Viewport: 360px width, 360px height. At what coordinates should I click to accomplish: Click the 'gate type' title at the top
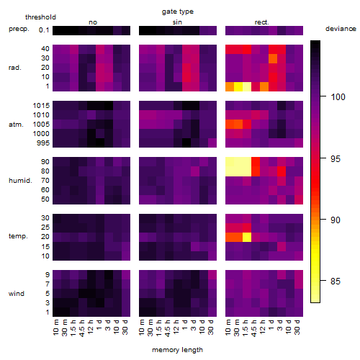(x=178, y=12)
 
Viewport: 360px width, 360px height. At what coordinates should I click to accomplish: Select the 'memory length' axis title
(x=177, y=350)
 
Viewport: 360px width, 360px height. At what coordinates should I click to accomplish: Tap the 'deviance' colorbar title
(x=341, y=29)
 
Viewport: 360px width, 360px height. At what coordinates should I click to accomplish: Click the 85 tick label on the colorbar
(x=336, y=281)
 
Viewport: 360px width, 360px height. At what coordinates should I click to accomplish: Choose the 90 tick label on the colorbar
(x=336, y=220)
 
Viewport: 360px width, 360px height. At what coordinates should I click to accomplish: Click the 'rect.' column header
(x=262, y=22)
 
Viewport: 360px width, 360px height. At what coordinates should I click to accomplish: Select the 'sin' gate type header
(x=177, y=22)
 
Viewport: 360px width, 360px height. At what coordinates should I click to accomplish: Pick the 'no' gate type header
(x=93, y=22)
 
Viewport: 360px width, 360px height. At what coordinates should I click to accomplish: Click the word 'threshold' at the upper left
(x=40, y=17)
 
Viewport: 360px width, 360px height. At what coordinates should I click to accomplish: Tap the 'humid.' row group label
(x=20, y=181)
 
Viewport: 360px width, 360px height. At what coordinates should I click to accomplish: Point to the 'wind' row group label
(x=17, y=294)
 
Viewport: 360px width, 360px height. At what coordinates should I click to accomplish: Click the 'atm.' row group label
(x=16, y=125)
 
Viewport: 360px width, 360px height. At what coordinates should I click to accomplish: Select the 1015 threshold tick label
(x=41, y=106)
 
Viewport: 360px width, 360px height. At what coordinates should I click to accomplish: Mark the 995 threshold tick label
(x=43, y=143)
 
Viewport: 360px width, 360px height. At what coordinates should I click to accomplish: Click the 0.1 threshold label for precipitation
(x=44, y=30)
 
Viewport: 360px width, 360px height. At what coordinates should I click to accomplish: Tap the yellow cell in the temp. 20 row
(x=247, y=237)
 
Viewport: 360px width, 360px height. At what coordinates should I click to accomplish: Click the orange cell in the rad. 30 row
(x=273, y=58)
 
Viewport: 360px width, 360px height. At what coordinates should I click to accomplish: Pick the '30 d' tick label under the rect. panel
(x=297, y=327)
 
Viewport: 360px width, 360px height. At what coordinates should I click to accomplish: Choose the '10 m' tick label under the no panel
(x=55, y=327)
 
